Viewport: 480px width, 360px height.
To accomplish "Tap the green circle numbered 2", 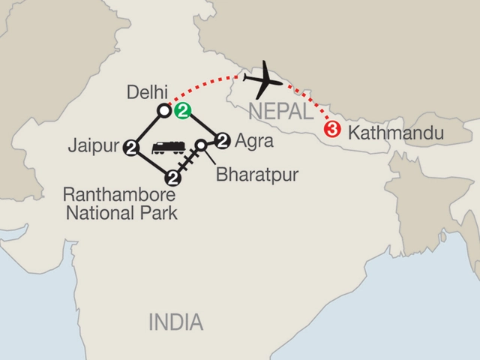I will click(x=183, y=111).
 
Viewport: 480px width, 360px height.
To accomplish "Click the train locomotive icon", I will click(x=168, y=148).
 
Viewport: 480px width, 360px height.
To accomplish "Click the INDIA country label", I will click(x=175, y=323).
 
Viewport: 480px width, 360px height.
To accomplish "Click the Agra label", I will click(x=250, y=139).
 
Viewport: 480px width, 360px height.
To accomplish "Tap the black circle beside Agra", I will click(x=221, y=139).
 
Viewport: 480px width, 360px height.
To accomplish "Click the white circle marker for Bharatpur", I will click(x=201, y=144).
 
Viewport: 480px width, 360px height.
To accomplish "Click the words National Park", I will click(x=121, y=214).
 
